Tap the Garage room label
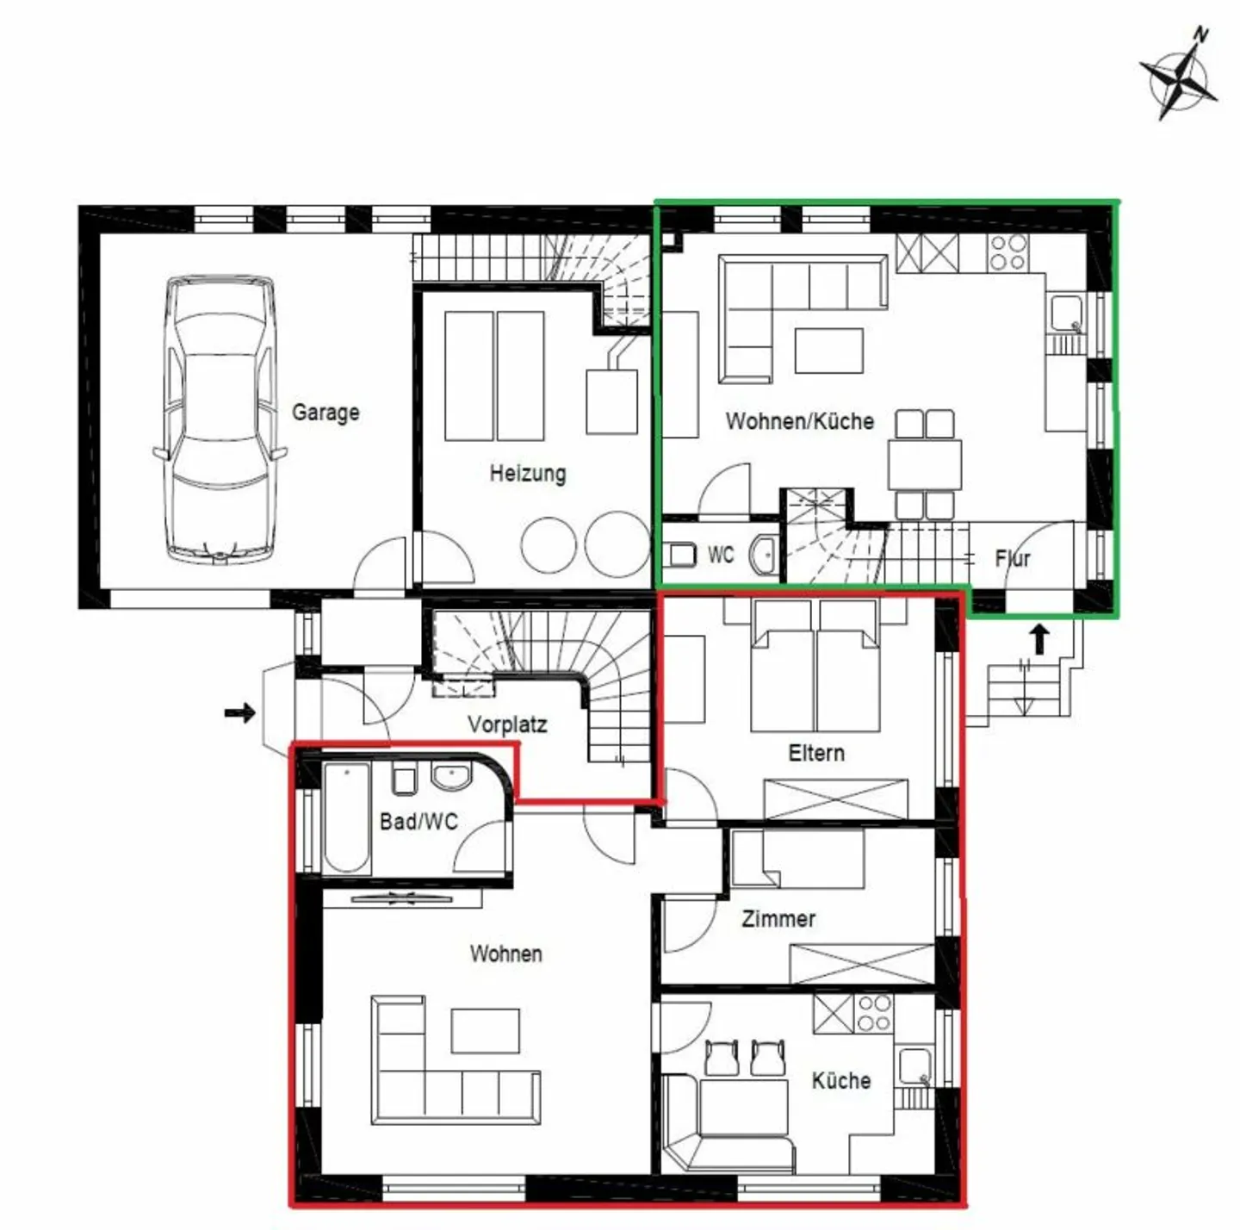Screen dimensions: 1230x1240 325,412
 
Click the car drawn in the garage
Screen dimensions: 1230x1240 220,419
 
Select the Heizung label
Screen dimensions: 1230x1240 528,473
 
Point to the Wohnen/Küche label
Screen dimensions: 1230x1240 799,421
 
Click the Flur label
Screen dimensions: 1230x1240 1013,558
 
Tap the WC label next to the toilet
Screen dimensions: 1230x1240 721,555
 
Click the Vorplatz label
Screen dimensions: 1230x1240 507,724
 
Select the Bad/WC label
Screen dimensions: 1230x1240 418,821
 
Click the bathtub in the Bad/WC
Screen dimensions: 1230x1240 347,817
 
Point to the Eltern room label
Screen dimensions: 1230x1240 816,753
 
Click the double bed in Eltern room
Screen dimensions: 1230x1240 815,668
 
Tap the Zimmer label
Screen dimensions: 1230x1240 778,919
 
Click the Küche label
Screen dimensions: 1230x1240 841,1080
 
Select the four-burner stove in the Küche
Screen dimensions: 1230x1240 874,1013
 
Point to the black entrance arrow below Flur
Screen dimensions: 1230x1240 1040,639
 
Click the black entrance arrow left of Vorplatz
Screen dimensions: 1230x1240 239,712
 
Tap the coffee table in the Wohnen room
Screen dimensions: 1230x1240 486,1030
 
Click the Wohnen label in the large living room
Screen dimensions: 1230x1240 506,954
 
